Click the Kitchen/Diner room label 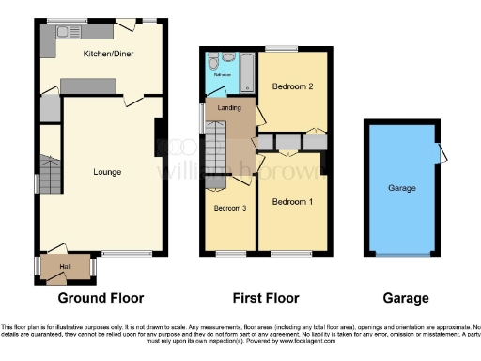click(x=107, y=55)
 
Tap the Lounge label click(x=106, y=172)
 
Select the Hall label click(x=66, y=267)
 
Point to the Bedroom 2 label click(x=292, y=86)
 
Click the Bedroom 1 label click(x=291, y=202)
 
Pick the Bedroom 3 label click(x=229, y=209)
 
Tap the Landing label click(x=226, y=109)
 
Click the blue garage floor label click(x=402, y=188)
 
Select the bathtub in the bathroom click(x=247, y=72)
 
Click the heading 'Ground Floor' click(x=101, y=298)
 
